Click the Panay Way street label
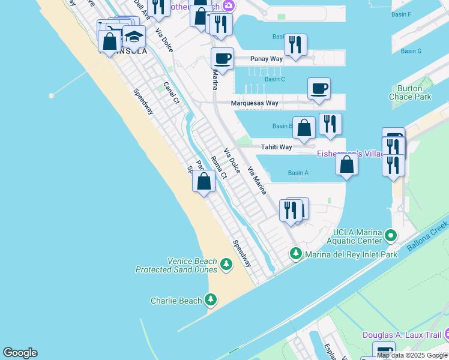(x=250, y=60)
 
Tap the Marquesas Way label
(x=255, y=103)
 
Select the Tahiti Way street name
(x=276, y=147)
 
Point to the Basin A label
(x=298, y=173)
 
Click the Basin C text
(x=274, y=79)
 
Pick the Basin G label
(x=411, y=51)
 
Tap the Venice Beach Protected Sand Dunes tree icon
(x=226, y=265)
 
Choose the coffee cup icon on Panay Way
(x=222, y=59)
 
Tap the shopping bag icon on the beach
(x=204, y=181)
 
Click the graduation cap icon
(x=134, y=37)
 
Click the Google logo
(x=20, y=353)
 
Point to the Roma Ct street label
(x=219, y=167)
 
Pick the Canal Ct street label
(x=172, y=92)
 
